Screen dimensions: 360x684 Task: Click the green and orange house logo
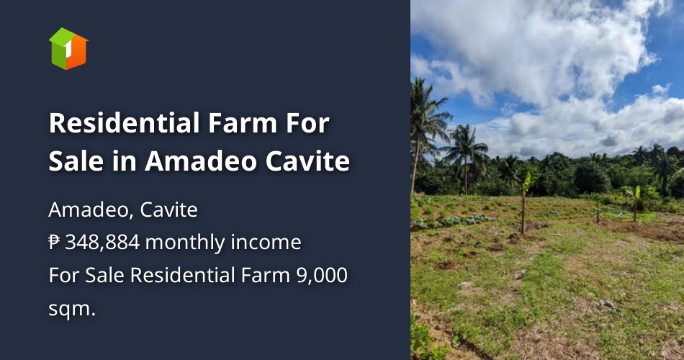pos(68,48)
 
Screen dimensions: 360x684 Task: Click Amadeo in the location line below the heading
pos(90,210)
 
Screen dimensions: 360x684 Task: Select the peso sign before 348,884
pos(55,243)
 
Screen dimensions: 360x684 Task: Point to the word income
pos(266,243)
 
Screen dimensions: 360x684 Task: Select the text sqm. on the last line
pos(72,307)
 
